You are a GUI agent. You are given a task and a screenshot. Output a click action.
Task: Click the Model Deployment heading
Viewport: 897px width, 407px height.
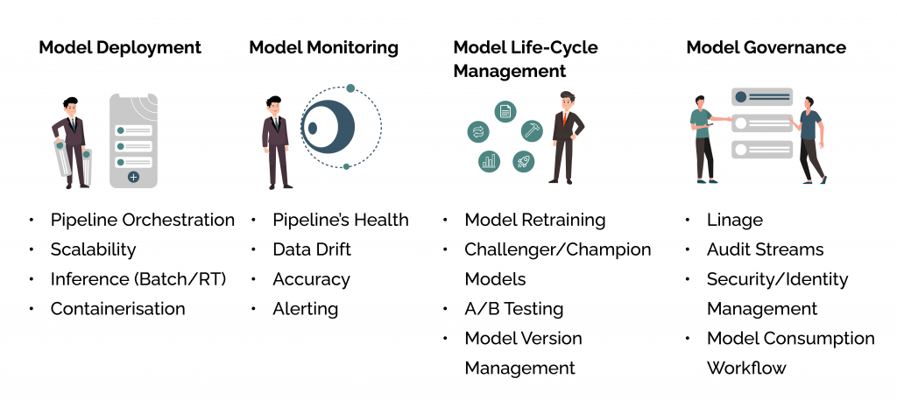(120, 47)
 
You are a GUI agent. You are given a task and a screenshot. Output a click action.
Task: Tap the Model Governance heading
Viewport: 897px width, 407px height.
(766, 47)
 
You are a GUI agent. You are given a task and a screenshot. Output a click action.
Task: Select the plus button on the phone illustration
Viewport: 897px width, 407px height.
(133, 177)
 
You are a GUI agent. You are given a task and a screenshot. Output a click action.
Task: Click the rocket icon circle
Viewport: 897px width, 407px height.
(523, 161)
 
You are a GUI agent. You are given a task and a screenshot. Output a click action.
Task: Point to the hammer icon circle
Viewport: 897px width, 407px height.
(531, 130)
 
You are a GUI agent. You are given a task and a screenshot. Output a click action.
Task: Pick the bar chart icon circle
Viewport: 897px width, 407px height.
(489, 161)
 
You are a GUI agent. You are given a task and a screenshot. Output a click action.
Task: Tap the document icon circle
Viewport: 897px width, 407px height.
(505, 111)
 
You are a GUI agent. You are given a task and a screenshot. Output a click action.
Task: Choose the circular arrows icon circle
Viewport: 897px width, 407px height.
(478, 132)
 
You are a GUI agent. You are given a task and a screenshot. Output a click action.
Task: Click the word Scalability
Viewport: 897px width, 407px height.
(94, 249)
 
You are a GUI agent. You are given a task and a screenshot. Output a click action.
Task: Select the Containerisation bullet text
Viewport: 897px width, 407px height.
(117, 308)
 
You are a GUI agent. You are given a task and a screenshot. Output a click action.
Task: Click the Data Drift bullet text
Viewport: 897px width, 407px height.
(311, 249)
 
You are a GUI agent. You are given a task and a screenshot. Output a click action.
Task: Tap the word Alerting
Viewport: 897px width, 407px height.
(305, 308)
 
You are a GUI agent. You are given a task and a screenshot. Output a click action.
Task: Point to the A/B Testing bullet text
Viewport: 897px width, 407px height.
(513, 308)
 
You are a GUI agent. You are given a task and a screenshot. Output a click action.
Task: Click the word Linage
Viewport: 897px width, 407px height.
(735, 220)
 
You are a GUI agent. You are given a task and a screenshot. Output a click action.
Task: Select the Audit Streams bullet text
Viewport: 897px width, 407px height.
(765, 249)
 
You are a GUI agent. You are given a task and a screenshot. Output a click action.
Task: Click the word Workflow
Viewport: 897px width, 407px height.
(746, 368)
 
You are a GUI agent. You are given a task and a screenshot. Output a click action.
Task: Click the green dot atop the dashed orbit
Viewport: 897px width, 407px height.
(350, 88)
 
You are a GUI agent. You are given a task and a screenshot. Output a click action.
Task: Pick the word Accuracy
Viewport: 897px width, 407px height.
(311, 279)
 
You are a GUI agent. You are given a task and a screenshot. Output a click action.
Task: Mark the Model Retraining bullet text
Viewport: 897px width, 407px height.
(534, 220)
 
